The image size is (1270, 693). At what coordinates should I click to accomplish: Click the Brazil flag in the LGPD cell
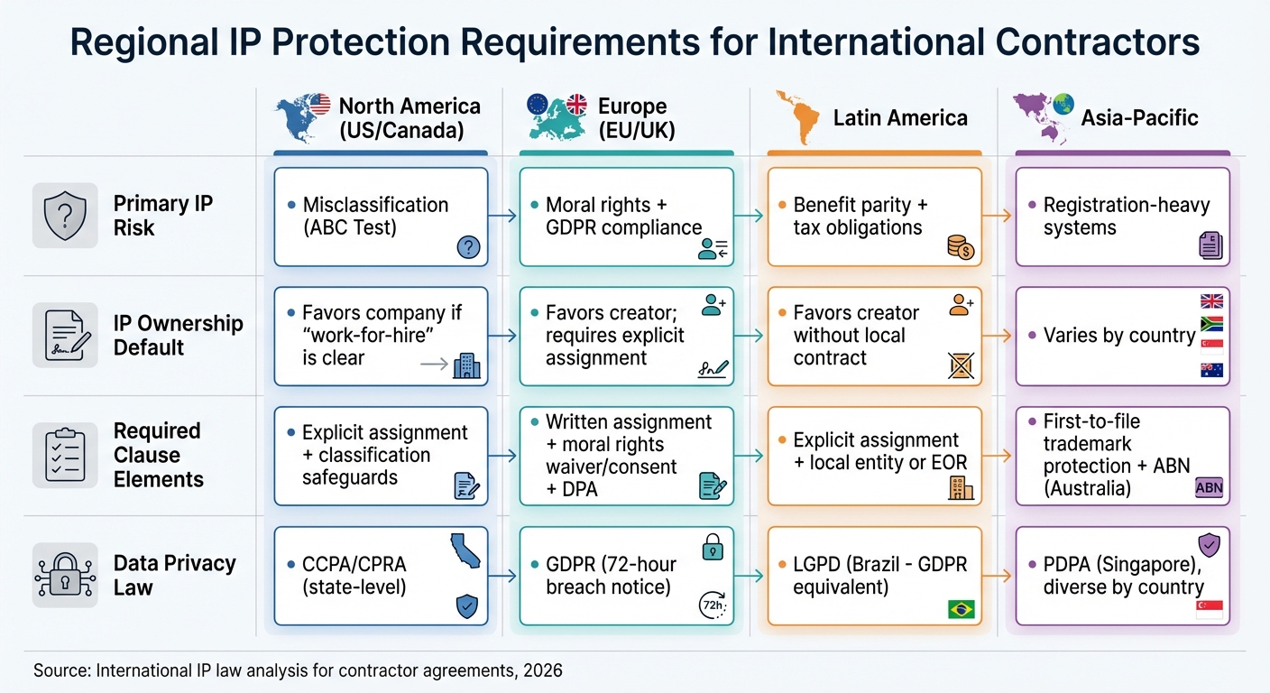pyautogui.click(x=962, y=609)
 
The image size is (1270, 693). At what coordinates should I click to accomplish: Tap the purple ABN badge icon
pyautogui.click(x=1208, y=488)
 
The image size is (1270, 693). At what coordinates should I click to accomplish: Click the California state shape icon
pyautogui.click(x=465, y=550)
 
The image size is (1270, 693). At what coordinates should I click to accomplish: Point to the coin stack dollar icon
pyautogui.click(x=961, y=247)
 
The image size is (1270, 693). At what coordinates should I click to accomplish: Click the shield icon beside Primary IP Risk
pyautogui.click(x=65, y=216)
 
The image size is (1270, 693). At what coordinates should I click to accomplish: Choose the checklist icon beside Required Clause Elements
pyautogui.click(x=65, y=456)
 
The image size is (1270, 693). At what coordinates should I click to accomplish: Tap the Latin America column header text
pyautogui.click(x=900, y=118)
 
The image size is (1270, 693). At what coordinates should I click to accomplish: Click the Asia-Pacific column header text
pyautogui.click(x=1139, y=118)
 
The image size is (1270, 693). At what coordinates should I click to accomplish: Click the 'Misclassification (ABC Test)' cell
pyautogui.click(x=381, y=217)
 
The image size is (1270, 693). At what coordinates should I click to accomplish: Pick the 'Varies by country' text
pyautogui.click(x=1118, y=336)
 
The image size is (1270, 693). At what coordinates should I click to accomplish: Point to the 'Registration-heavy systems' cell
pyautogui.click(x=1122, y=217)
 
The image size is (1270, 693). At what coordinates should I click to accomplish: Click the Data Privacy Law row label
pyautogui.click(x=174, y=576)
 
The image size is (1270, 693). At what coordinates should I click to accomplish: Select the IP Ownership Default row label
pyautogui.click(x=178, y=336)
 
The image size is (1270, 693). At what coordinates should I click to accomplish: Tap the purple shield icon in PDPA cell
pyautogui.click(x=1209, y=545)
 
